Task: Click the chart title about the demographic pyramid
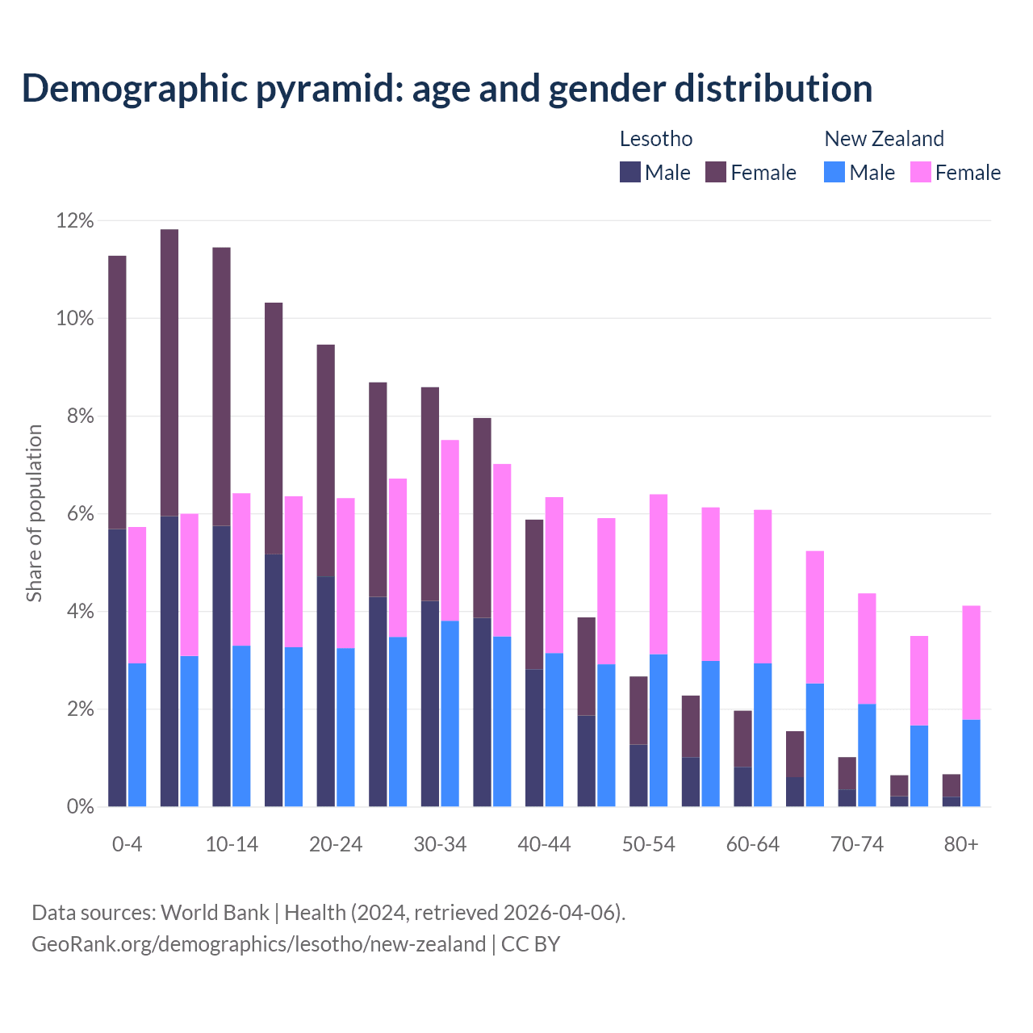(x=447, y=89)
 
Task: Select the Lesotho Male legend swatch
(x=630, y=172)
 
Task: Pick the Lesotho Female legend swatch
(x=716, y=172)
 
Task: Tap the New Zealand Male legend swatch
(x=834, y=172)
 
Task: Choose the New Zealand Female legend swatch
(x=920, y=172)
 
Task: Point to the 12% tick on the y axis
(x=75, y=220)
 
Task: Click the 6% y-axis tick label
(x=80, y=514)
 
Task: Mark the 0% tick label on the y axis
(x=80, y=807)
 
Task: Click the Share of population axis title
(x=35, y=513)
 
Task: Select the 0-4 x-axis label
(x=128, y=845)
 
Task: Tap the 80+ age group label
(x=961, y=845)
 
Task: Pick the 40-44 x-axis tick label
(x=544, y=845)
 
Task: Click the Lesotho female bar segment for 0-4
(x=117, y=392)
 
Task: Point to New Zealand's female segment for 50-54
(x=659, y=574)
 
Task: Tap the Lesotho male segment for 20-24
(x=326, y=691)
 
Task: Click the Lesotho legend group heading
(x=656, y=139)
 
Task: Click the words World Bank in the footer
(x=215, y=913)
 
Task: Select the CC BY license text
(x=531, y=944)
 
